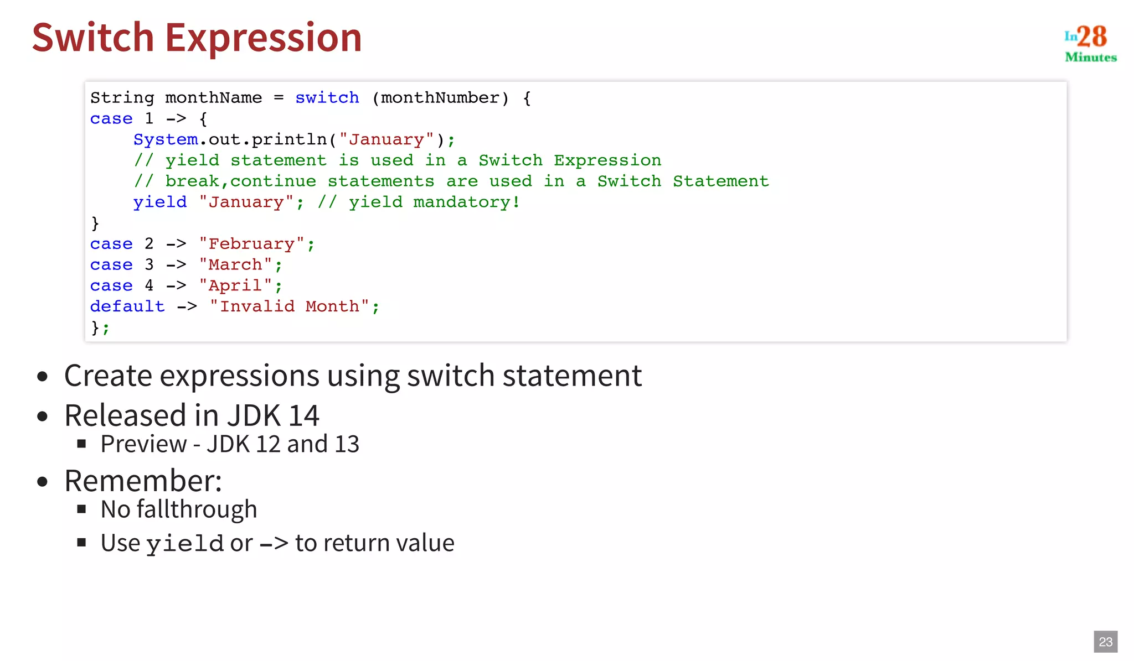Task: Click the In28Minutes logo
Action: (x=1090, y=43)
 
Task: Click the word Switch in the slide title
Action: (x=93, y=38)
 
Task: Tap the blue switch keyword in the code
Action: (x=327, y=98)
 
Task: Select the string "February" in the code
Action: (x=251, y=244)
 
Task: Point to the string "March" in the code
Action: (x=235, y=265)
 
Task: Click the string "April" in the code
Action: (x=235, y=285)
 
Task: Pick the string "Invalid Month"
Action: (x=289, y=306)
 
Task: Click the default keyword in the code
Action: (x=127, y=306)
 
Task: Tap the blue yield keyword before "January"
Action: (x=159, y=202)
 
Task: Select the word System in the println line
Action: (x=165, y=139)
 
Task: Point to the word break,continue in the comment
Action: (x=240, y=181)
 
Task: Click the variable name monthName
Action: (x=213, y=98)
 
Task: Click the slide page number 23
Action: (x=1105, y=642)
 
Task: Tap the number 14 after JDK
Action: (x=303, y=415)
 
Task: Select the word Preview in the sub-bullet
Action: (x=144, y=444)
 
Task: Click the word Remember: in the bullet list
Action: (x=143, y=480)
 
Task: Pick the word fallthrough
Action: (x=197, y=509)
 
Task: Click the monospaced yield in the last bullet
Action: (x=185, y=544)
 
